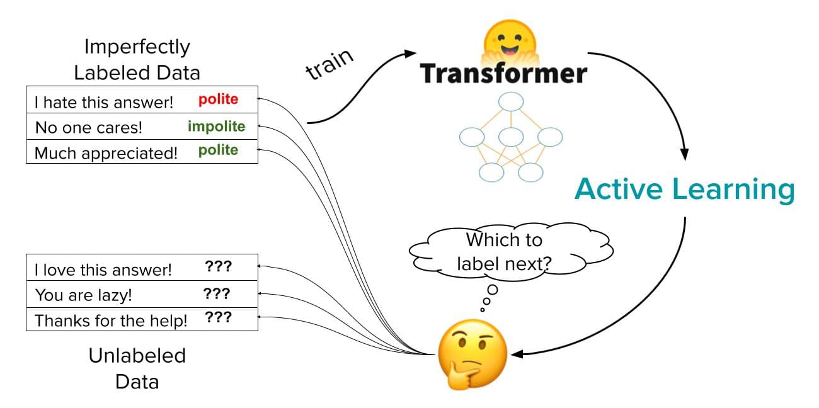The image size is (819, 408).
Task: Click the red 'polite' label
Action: pos(218,100)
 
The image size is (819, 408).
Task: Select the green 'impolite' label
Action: pos(216,126)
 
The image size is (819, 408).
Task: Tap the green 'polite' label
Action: pos(218,150)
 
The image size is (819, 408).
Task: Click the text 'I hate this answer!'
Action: pos(104,102)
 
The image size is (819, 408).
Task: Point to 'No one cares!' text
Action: pos(89,127)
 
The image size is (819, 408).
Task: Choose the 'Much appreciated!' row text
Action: pos(106,152)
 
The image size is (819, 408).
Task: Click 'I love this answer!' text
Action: pos(103,270)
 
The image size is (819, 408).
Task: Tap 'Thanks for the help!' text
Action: pos(111,320)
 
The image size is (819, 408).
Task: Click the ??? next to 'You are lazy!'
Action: pos(217,293)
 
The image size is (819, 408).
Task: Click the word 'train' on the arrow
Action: pos(329,64)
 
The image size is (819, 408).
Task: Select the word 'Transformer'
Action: pos(503,73)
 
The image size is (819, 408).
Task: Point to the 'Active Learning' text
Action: pos(684,189)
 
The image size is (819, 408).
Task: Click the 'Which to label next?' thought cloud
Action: pos(504,252)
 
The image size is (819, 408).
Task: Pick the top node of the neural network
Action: pos(510,101)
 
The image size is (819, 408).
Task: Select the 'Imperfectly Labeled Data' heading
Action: pos(137,60)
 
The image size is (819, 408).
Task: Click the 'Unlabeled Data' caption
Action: pos(137,368)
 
